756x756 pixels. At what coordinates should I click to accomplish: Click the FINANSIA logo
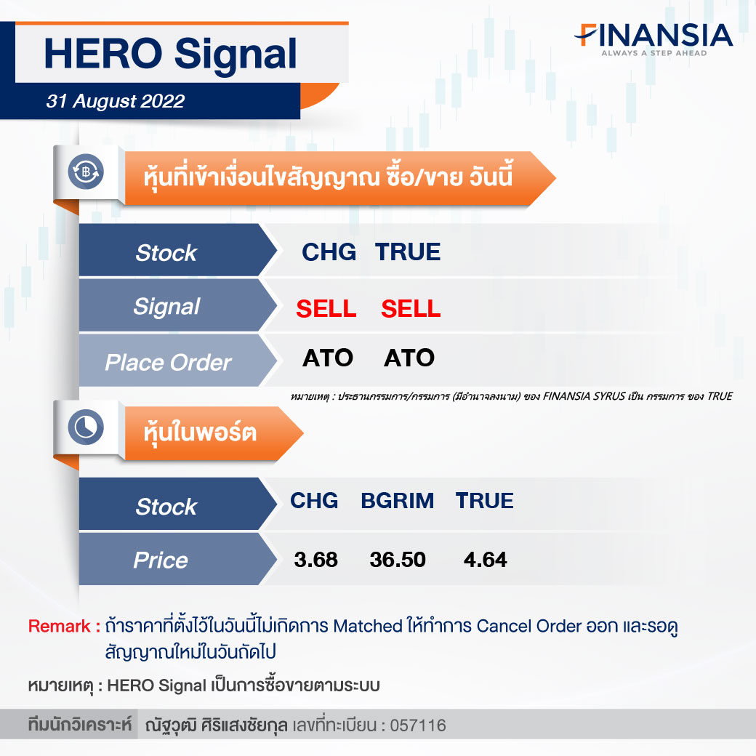coord(654,39)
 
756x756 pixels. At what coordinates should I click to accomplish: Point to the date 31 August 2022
coord(116,101)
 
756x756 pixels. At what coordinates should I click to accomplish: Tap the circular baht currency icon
coord(86,172)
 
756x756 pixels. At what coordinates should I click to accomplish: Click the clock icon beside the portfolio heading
coord(86,427)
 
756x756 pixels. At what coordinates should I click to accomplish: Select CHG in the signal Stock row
coord(329,252)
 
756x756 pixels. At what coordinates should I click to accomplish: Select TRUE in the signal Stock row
coord(407,252)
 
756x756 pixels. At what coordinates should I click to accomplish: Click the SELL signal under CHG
coord(326,308)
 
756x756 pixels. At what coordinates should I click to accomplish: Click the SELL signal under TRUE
coord(411,308)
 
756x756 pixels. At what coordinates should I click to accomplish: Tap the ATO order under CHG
coord(328,358)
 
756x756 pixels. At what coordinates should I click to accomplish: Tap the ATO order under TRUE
coord(409,358)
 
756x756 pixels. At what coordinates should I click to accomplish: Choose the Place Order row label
coord(168,363)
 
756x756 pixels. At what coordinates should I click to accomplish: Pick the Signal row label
coord(166,307)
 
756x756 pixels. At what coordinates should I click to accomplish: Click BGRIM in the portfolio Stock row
coord(398,501)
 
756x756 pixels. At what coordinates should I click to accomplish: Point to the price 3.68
coord(315,560)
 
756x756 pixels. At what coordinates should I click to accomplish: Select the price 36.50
coord(398,560)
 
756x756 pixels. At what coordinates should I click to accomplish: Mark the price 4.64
coord(485,560)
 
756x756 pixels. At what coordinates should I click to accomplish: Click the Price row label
coord(161,560)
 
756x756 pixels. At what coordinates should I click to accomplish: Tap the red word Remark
coord(60,627)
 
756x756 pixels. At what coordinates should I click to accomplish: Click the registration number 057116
coord(418,725)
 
